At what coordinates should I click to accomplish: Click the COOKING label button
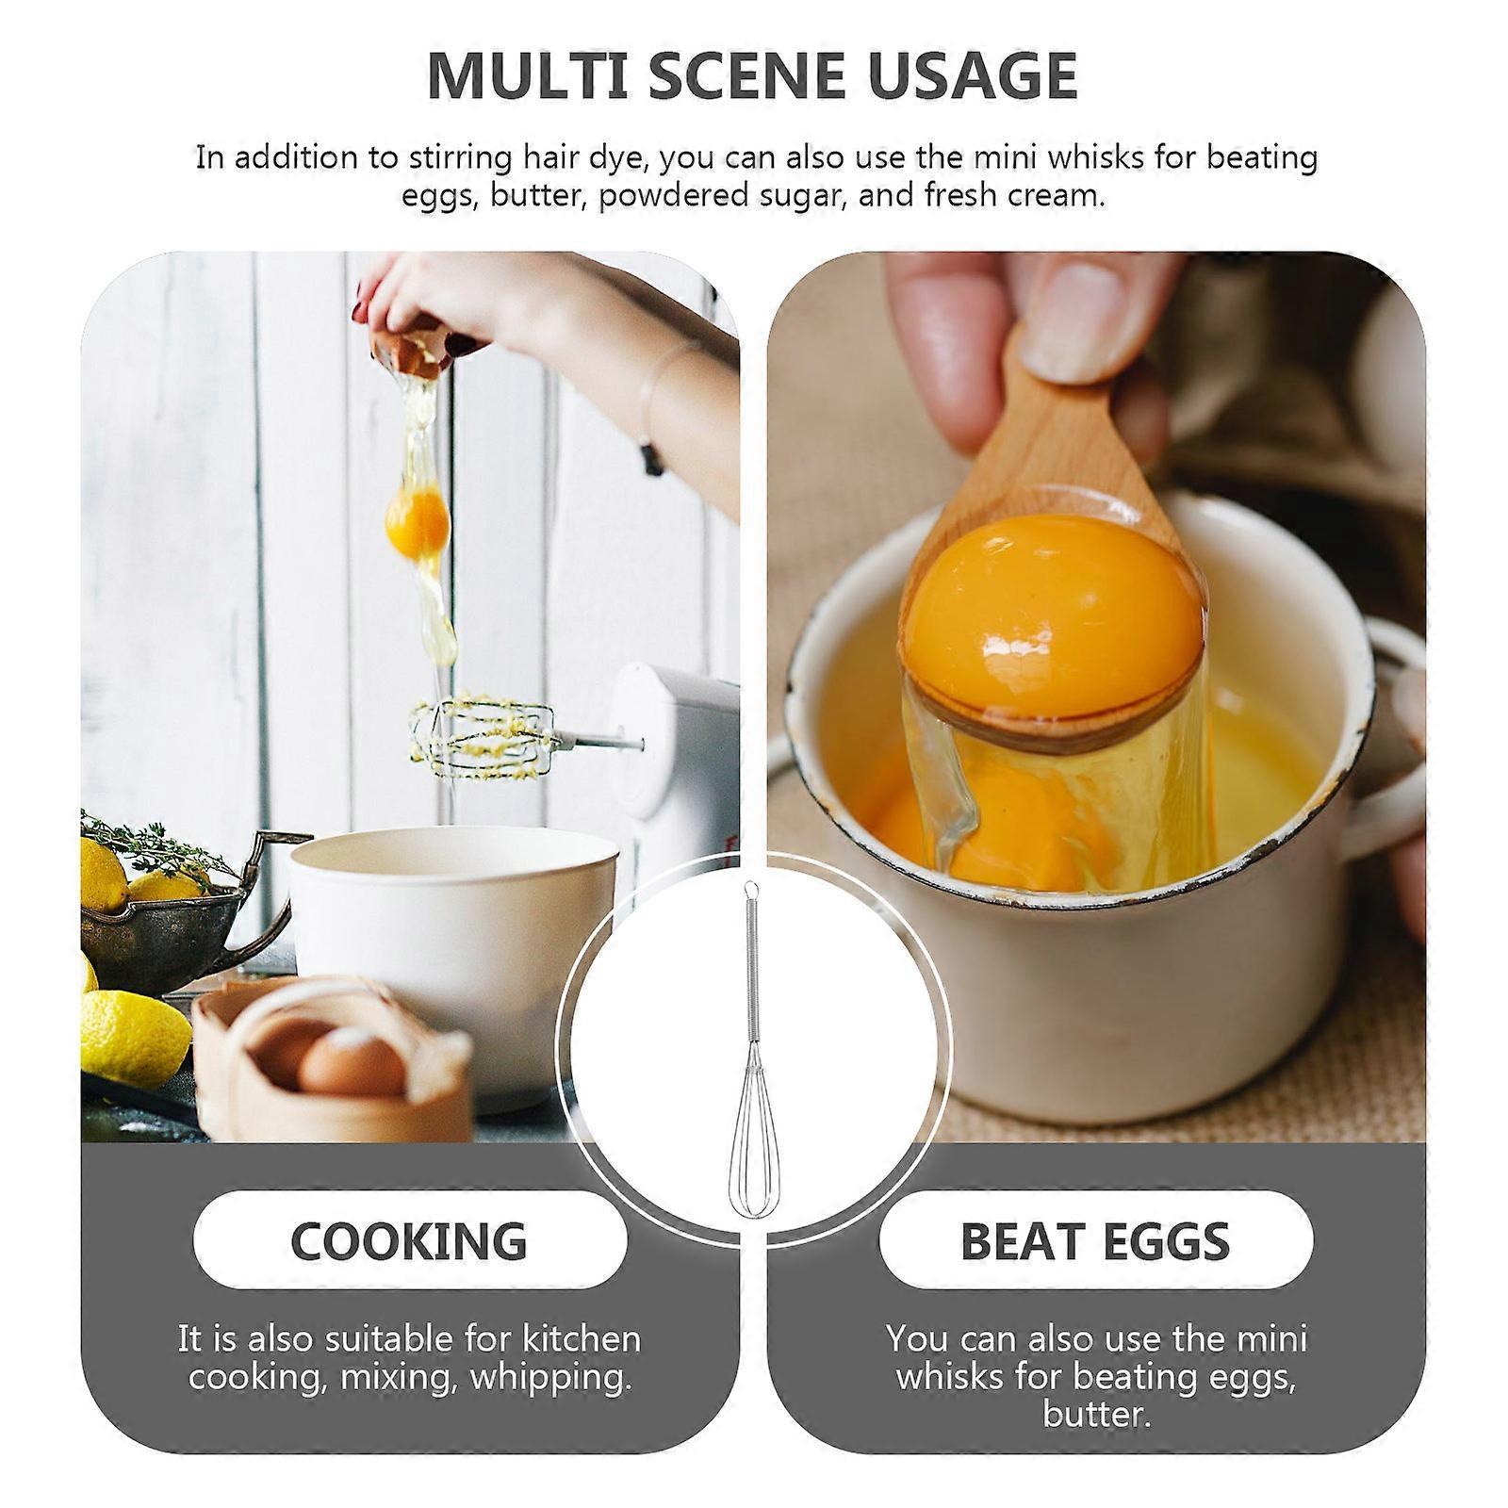[x=410, y=1239]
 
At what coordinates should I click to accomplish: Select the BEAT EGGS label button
[x=1096, y=1239]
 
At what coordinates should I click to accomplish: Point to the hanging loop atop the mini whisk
[x=748, y=887]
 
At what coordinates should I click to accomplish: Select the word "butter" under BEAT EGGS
[x=1097, y=1415]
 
